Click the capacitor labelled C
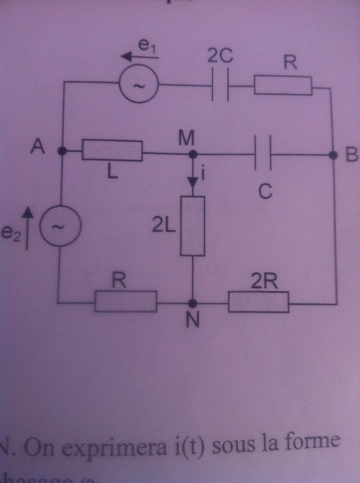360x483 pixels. (x=264, y=155)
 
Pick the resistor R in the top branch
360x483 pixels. (x=283, y=86)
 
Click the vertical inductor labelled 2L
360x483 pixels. (x=193, y=226)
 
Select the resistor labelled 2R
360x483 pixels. (x=258, y=303)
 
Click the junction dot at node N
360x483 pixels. (x=193, y=303)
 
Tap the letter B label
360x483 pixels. (x=350, y=156)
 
